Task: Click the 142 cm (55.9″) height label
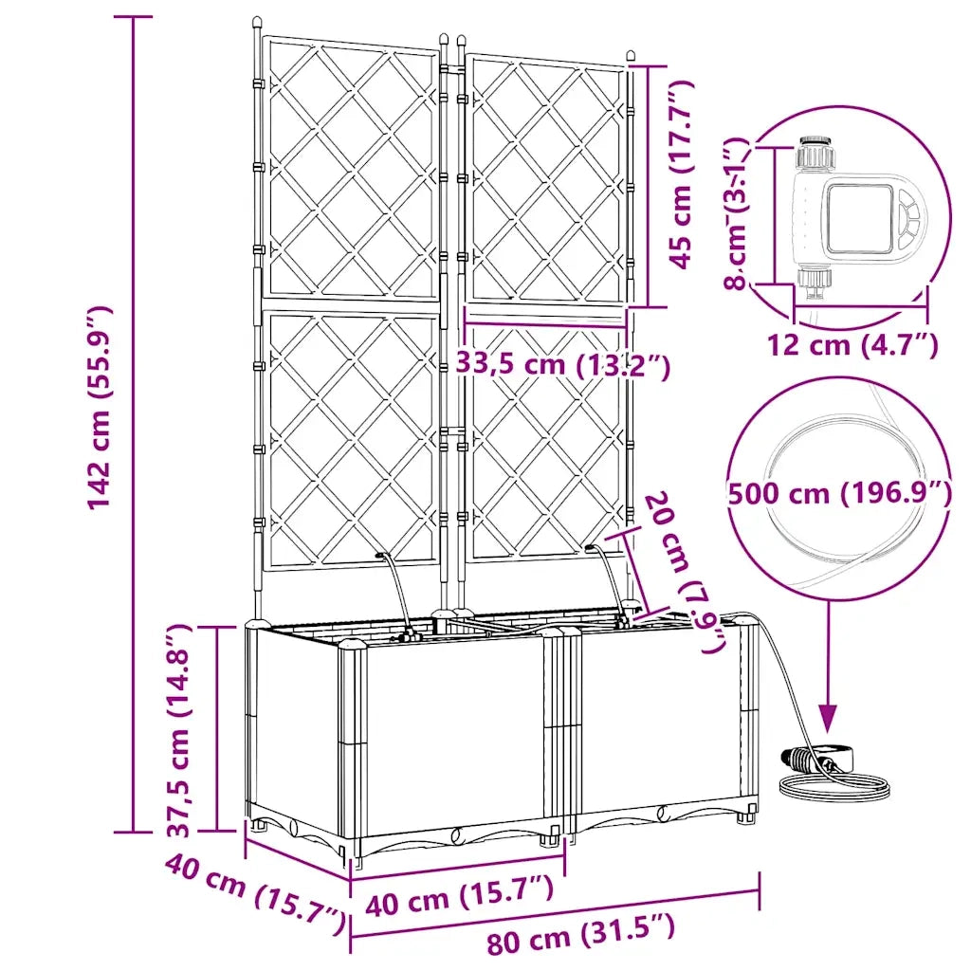[x=99, y=408]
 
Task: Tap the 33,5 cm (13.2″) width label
[x=563, y=364]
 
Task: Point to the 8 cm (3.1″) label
[x=737, y=213]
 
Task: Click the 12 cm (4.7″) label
[x=852, y=344]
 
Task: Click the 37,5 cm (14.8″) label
[x=179, y=731]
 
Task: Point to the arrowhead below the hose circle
[x=829, y=720]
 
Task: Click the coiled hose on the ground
[x=836, y=786]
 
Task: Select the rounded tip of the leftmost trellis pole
[x=258, y=24]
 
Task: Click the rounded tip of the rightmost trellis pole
[x=631, y=56]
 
